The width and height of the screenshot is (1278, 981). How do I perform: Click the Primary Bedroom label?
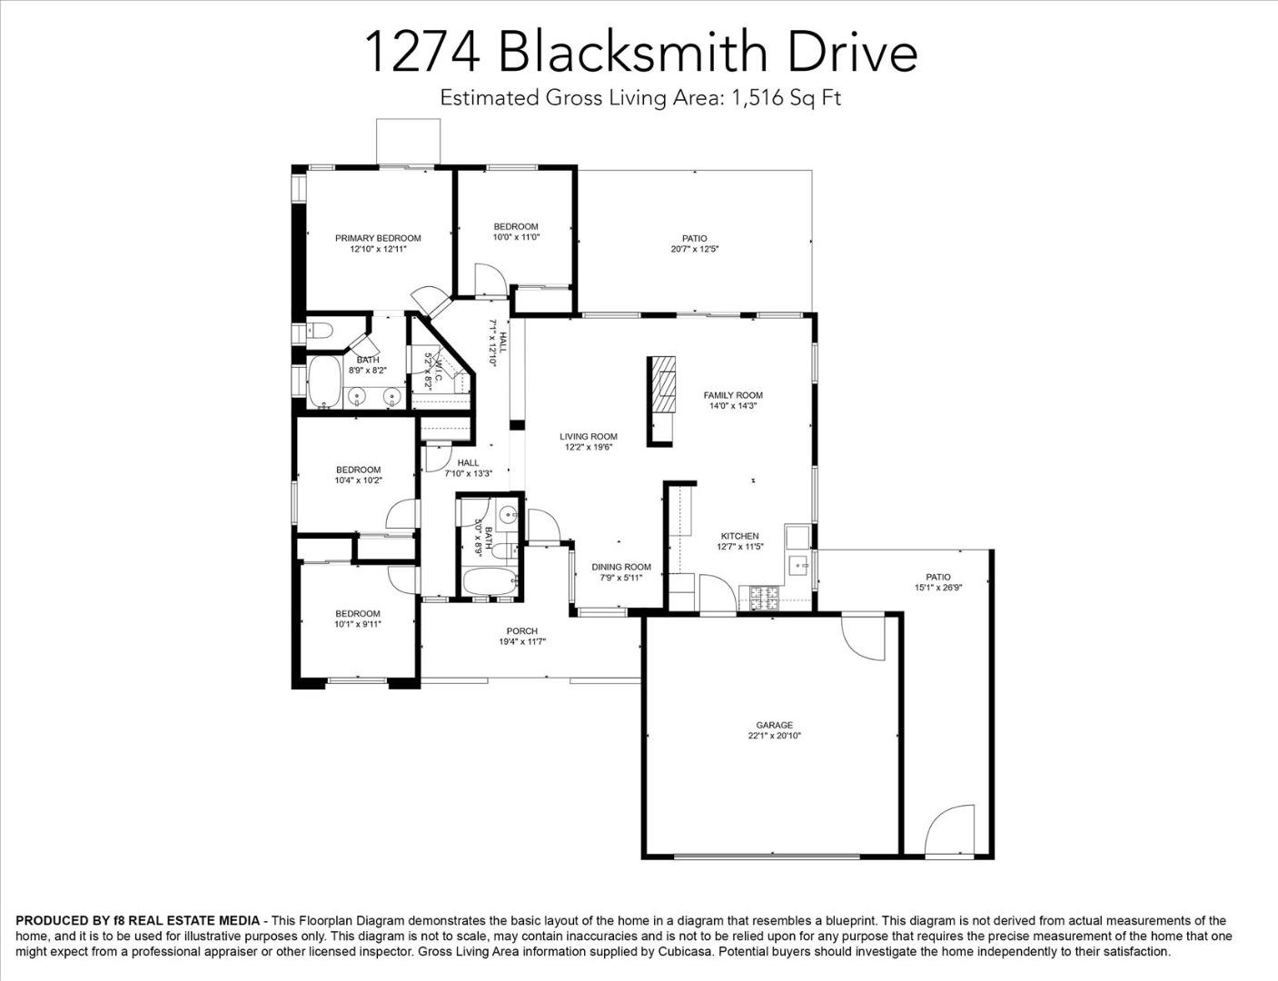[x=378, y=238]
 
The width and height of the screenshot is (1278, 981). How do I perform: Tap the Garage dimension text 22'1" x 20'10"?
[x=774, y=736]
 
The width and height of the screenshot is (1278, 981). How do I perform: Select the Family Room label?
[x=733, y=395]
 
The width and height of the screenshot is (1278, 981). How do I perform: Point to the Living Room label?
[x=589, y=437]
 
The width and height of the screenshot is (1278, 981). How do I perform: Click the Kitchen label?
[x=739, y=536]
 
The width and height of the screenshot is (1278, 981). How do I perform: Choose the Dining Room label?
[x=621, y=567]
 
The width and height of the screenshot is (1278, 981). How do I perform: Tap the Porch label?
[x=521, y=631]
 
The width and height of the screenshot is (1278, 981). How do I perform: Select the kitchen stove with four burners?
[x=760, y=597]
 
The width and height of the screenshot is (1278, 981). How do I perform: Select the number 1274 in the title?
[x=422, y=53]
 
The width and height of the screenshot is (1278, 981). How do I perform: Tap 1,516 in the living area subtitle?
[x=754, y=98]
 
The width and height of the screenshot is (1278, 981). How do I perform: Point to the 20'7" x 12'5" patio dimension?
[x=695, y=248]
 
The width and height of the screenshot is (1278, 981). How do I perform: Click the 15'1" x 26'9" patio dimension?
[x=938, y=588]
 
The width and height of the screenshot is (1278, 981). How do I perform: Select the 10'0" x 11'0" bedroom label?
[x=516, y=237]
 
